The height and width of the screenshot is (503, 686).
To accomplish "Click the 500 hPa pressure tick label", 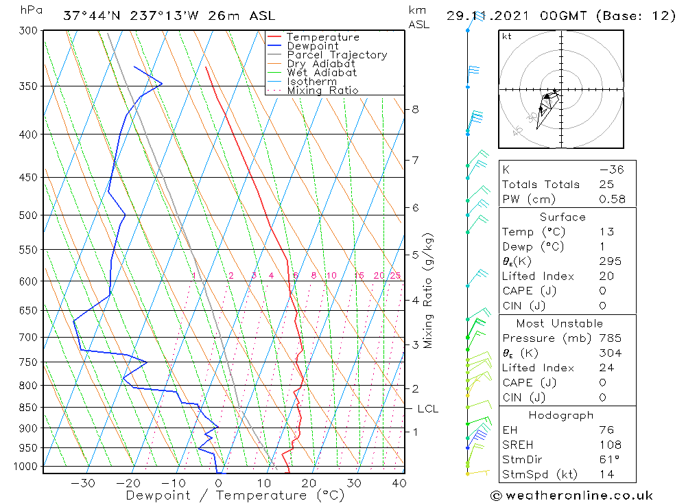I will pyautogui.click(x=29, y=215).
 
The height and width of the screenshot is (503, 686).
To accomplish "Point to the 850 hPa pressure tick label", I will pyautogui.click(x=29, y=408).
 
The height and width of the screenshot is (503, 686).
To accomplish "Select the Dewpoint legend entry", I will pyautogui.click(x=312, y=46).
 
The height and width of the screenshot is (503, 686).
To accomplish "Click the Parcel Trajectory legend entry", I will pyautogui.click(x=337, y=55).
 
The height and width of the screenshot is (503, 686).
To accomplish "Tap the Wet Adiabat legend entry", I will pyautogui.click(x=321, y=73).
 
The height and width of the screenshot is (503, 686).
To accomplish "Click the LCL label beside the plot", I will pyautogui.click(x=427, y=409).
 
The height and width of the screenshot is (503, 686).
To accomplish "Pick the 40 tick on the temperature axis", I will pyautogui.click(x=398, y=483).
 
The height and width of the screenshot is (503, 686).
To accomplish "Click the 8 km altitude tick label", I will pyautogui.click(x=415, y=109).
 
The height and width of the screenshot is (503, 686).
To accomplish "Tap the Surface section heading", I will pyautogui.click(x=563, y=217).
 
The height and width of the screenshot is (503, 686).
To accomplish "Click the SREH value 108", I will pyautogui.click(x=609, y=445).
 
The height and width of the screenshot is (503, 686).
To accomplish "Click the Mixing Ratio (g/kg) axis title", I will pyautogui.click(x=429, y=291).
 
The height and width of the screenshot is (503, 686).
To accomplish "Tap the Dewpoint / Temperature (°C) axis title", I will pyautogui.click(x=235, y=495).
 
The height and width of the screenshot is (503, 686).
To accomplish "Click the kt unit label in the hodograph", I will pyautogui.click(x=507, y=36).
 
